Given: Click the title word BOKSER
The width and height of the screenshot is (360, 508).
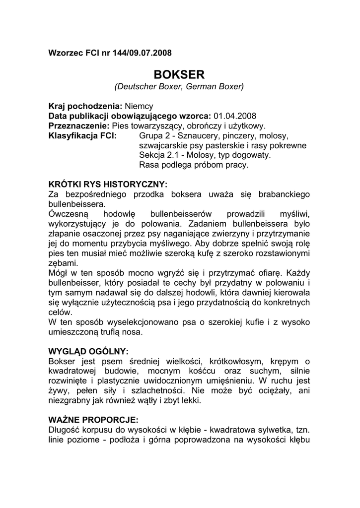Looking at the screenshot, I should click(179, 74).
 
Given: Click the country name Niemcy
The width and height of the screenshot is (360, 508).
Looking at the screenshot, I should click(139, 106).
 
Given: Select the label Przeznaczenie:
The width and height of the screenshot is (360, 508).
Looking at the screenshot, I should click(79, 126).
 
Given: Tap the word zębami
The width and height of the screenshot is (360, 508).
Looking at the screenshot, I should click(63, 263).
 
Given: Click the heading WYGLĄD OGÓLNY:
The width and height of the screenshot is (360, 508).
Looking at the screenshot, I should click(89, 351).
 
